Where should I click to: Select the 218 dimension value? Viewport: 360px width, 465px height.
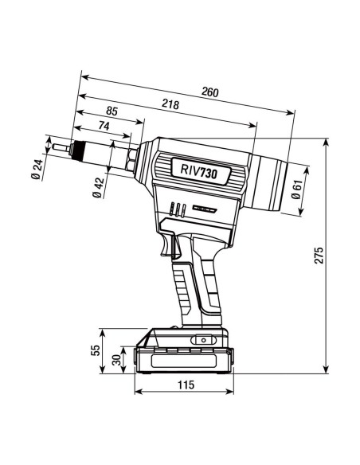[170, 104]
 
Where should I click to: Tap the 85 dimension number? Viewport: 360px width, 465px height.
[112, 112]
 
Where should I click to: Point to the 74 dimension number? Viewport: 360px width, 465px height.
[104, 126]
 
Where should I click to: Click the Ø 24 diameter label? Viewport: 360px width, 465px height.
[37, 170]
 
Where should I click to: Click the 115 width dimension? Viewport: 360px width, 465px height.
[185, 385]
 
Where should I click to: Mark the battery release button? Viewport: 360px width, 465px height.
[202, 340]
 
